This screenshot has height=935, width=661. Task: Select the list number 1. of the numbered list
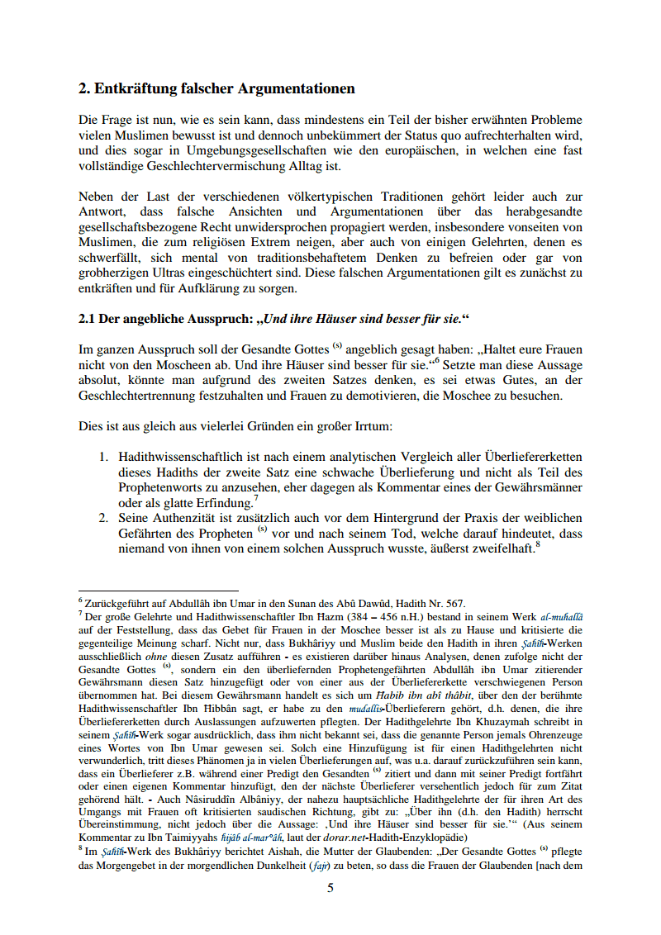104,457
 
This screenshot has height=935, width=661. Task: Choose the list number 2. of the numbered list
104,518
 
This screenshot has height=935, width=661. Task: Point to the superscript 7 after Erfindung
256,498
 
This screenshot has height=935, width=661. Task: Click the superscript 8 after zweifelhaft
537,543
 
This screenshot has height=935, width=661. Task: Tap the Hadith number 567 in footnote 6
456,604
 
